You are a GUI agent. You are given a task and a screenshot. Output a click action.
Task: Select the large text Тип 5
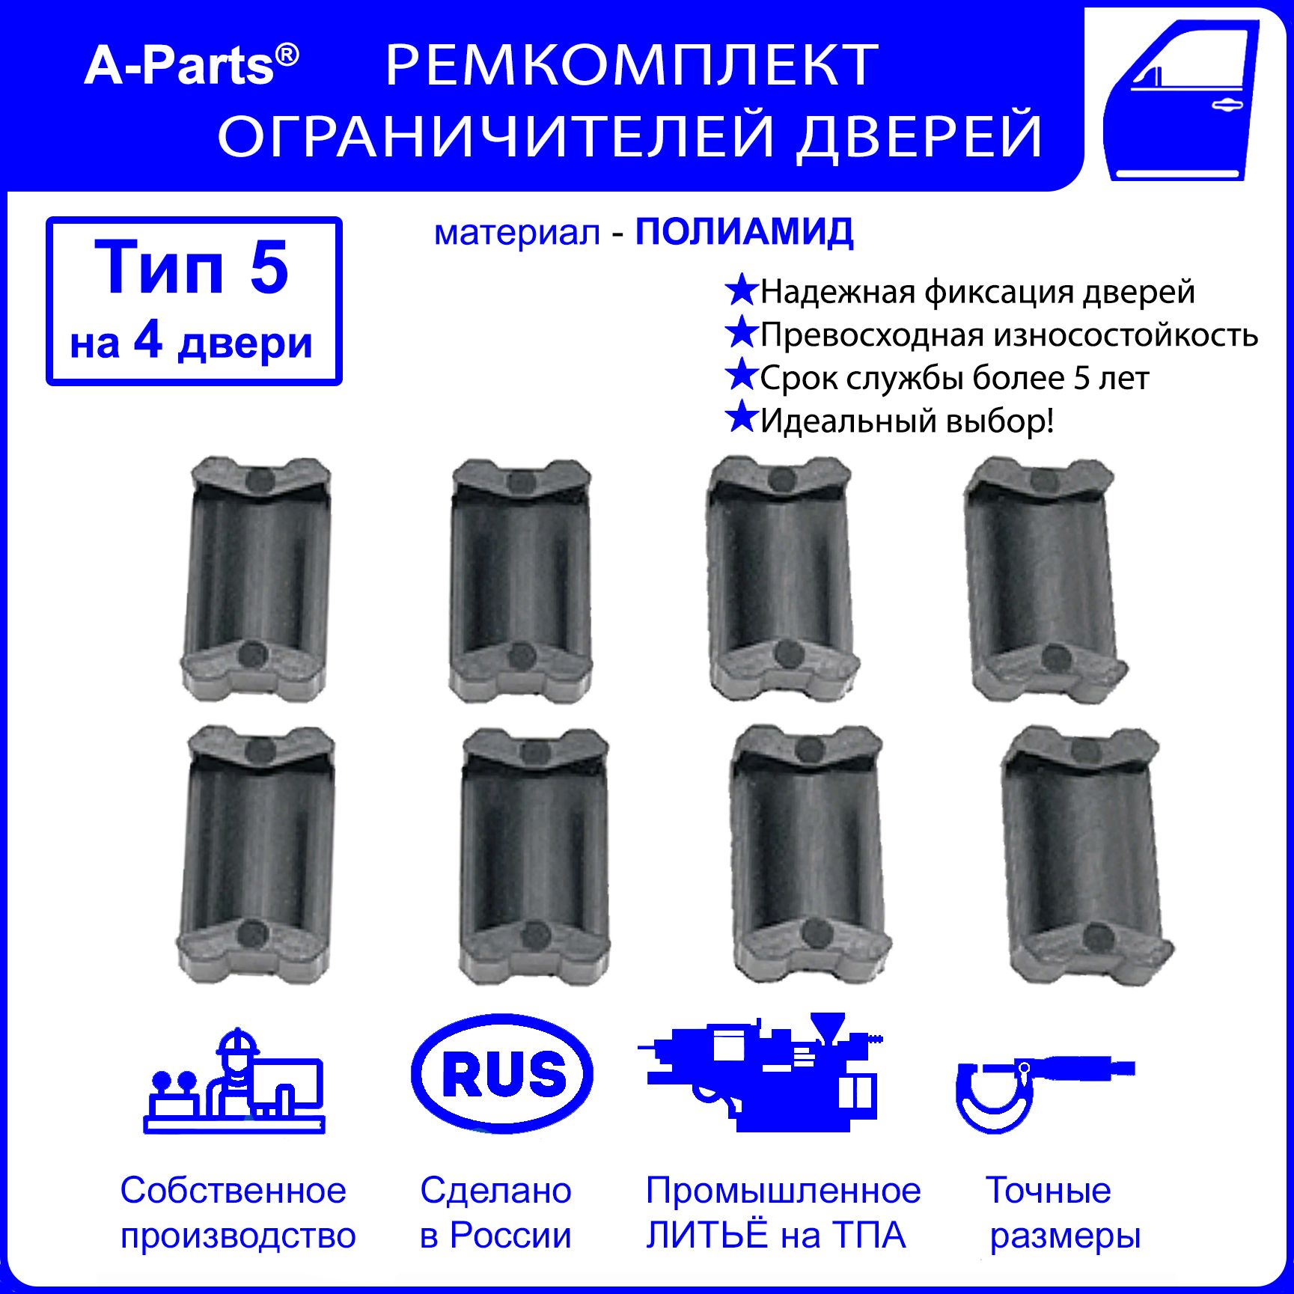(192, 267)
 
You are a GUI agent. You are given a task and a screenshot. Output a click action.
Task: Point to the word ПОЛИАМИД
(745, 233)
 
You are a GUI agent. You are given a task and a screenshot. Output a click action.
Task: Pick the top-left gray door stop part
(257, 578)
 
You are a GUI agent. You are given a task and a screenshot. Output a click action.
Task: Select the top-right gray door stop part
(1046, 580)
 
